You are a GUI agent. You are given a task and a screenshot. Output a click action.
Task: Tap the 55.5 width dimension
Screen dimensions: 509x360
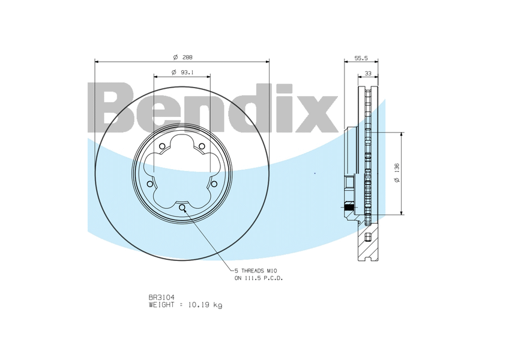click(361, 58)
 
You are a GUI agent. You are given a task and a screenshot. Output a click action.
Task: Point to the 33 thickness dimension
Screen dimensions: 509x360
click(368, 73)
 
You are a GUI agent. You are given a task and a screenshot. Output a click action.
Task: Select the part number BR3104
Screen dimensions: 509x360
click(161, 297)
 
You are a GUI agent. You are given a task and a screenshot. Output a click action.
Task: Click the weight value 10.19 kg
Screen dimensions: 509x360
click(205, 305)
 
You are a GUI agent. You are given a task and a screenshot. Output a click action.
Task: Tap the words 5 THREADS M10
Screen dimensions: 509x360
click(256, 271)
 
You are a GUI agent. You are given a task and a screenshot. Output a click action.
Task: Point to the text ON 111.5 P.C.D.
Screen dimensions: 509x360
click(259, 278)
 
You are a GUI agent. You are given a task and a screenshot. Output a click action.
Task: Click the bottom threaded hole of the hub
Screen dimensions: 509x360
click(182, 208)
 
